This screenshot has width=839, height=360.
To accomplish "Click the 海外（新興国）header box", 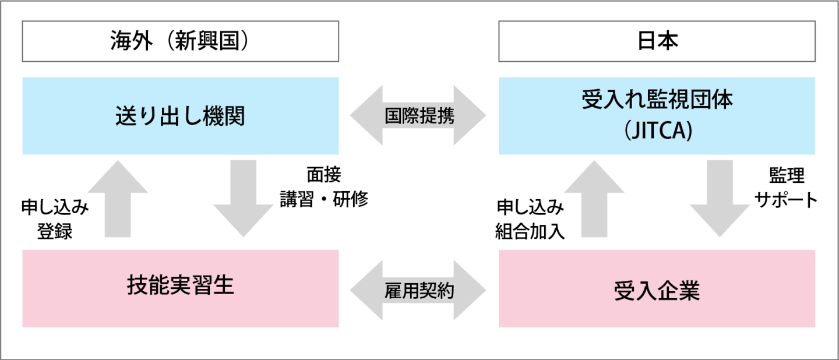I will coord(180,41).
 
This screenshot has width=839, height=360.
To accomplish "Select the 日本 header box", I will coord(657,41).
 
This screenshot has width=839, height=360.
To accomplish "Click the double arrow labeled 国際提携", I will coord(418,115).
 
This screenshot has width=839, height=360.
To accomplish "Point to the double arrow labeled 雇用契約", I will coord(418,290).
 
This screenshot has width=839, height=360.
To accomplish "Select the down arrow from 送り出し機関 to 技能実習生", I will coord(243,198).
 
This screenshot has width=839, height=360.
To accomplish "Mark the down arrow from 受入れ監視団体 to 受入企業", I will coord(720,198).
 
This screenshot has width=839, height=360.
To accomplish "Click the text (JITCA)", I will coord(657,133).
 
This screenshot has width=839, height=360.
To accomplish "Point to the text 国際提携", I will coord(419,115).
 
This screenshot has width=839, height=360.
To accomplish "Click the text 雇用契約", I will coord(419,290).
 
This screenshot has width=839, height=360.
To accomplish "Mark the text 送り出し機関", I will coord(180,117).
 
